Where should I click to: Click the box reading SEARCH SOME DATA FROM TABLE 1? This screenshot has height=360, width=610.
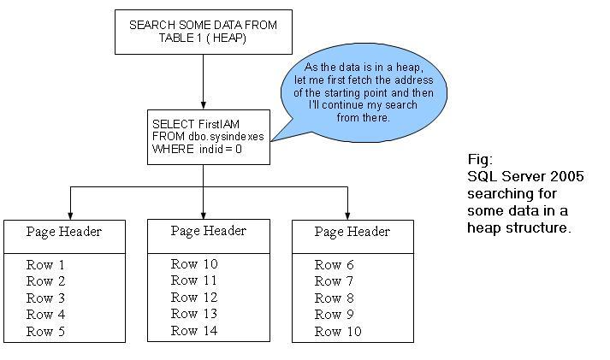tap(203, 32)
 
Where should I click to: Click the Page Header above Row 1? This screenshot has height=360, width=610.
tap(64, 232)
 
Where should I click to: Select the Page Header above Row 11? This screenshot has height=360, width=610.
tap(208, 231)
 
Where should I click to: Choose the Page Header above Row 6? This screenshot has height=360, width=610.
tap(352, 232)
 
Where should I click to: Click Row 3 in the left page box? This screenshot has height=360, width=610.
tap(45, 298)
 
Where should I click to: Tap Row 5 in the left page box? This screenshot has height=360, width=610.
tap(45, 330)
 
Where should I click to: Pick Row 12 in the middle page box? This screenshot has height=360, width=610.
tap(193, 297)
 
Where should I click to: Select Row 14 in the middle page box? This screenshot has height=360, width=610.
tap(193, 330)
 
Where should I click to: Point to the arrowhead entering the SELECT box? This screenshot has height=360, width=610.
tap(203, 104)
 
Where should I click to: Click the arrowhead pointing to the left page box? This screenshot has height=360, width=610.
tap(70, 215)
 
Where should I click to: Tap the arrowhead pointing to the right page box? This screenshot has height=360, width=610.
tap(347, 215)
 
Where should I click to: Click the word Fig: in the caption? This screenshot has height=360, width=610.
tap(480, 160)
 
